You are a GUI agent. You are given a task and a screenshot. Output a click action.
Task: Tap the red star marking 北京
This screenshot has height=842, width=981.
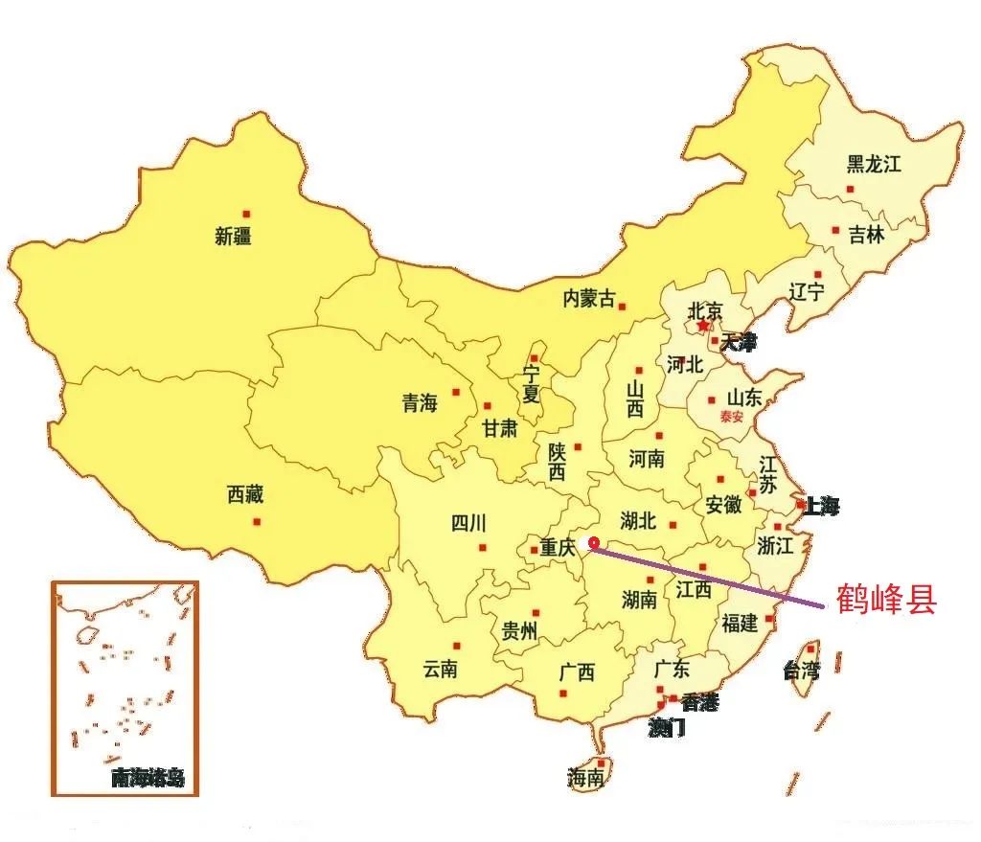pos(704,326)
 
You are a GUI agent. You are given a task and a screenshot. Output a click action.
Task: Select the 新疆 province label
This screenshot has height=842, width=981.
pos(234,236)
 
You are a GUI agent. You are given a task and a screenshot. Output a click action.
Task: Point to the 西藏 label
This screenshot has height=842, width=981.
pos(245,495)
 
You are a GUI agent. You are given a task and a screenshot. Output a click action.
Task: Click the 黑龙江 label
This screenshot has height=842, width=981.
pos(874,164)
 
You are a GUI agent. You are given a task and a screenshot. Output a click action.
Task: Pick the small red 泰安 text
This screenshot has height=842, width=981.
pos(733,417)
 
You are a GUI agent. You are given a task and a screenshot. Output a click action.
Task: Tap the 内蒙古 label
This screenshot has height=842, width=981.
pos(589,299)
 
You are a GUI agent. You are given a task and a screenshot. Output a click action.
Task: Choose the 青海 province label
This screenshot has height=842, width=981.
pos(420,403)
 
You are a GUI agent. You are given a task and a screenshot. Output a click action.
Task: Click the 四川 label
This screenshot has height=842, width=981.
pos(468,523)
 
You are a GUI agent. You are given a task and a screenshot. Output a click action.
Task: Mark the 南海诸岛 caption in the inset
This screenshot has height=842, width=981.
pos(147,777)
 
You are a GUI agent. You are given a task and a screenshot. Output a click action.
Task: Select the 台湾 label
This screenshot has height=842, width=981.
pos(801,670)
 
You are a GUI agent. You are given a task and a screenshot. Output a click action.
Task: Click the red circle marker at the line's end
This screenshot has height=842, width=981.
pos(593,542)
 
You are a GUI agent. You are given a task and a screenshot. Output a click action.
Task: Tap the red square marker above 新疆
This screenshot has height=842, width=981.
pos(246,214)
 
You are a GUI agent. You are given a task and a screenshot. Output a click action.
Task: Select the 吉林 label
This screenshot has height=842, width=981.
pos(866,234)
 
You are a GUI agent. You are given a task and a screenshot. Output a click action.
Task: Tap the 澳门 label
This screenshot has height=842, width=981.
pos(667,728)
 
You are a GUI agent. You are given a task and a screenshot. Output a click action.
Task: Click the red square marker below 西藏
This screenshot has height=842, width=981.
pos(257,521)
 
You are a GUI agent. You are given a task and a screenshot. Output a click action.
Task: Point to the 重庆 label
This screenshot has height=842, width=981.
pos(557,549)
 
